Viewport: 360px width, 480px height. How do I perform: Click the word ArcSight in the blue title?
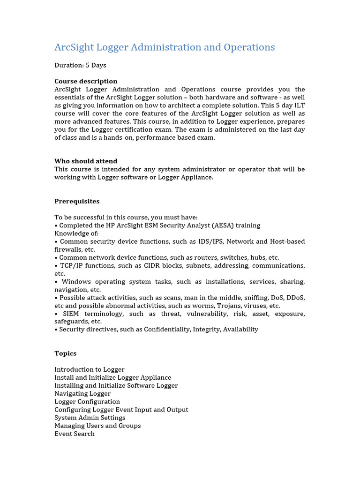click(74, 47)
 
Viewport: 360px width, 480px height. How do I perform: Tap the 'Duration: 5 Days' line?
click(80, 65)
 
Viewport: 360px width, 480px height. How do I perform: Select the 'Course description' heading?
click(86, 81)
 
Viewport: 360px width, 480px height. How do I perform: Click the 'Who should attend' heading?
click(86, 161)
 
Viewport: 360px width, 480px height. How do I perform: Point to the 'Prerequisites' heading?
click(77, 201)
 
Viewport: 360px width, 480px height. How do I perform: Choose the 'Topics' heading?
click(65, 353)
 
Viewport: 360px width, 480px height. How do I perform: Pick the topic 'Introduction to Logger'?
click(90, 369)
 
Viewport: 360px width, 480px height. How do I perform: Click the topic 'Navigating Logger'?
click(82, 393)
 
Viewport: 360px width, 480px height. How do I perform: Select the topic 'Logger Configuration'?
click(87, 401)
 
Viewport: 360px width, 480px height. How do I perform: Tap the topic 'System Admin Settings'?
click(90, 417)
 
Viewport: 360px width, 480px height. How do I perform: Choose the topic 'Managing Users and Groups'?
click(97, 425)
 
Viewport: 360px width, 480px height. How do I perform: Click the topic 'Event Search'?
click(75, 434)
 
